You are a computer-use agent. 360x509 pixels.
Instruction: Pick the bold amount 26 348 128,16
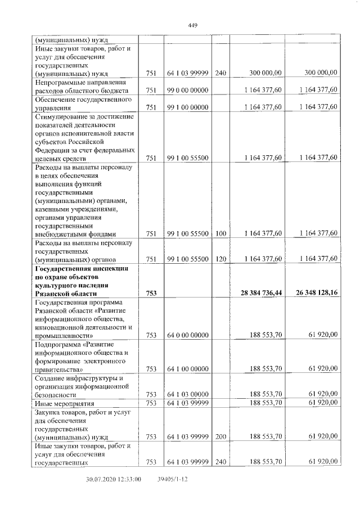point(311,293)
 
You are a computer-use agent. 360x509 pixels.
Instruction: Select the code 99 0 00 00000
point(188,91)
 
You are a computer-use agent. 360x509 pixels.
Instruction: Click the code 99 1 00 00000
point(188,107)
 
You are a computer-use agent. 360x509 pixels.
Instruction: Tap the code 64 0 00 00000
point(188,335)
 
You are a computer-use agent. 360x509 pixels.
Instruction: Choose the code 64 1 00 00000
point(188,369)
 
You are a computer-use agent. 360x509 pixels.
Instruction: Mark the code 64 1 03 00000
point(188,394)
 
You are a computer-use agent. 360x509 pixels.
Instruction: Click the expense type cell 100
point(220,233)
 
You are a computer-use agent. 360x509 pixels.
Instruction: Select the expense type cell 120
point(220,259)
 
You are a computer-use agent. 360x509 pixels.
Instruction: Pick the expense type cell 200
point(220,436)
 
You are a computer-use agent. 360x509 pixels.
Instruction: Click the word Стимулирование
point(62,116)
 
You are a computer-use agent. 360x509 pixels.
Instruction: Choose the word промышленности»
point(64,335)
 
